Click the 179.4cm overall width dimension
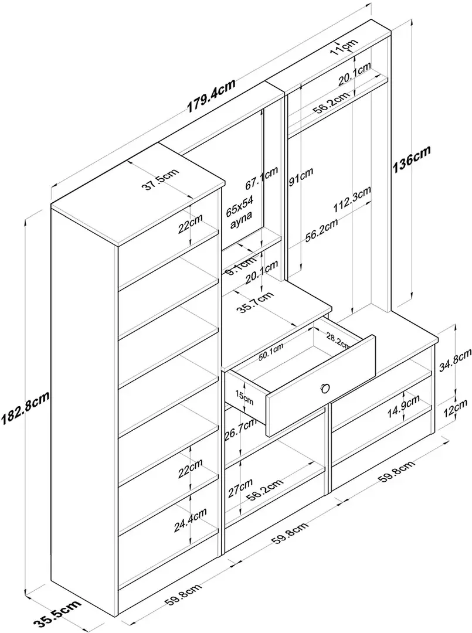[x=211, y=96]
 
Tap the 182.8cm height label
[x=25, y=408]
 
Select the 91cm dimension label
[x=301, y=175]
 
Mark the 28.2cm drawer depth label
[x=338, y=341]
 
